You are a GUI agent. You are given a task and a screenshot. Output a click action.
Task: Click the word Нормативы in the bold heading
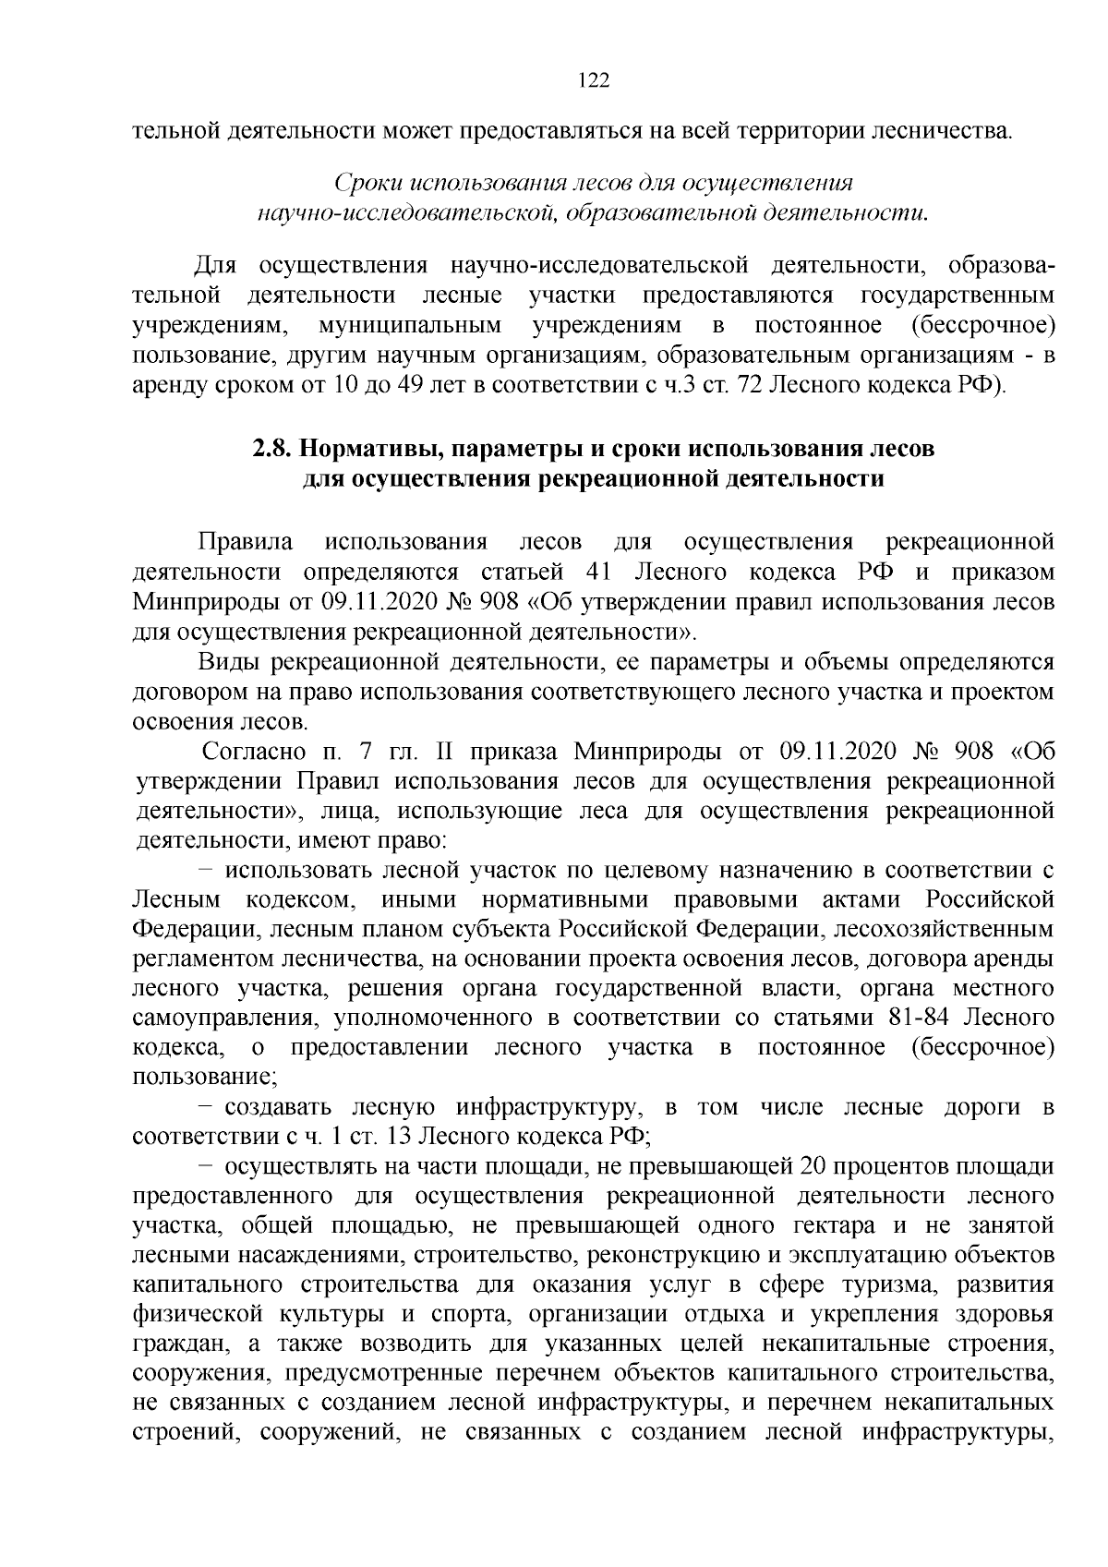[x=362, y=450]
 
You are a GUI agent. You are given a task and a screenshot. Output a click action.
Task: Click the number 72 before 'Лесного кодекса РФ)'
[x=745, y=384]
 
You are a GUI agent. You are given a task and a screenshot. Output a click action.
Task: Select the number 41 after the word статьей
[x=601, y=573]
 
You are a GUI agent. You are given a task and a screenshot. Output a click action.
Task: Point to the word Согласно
[x=246, y=752]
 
